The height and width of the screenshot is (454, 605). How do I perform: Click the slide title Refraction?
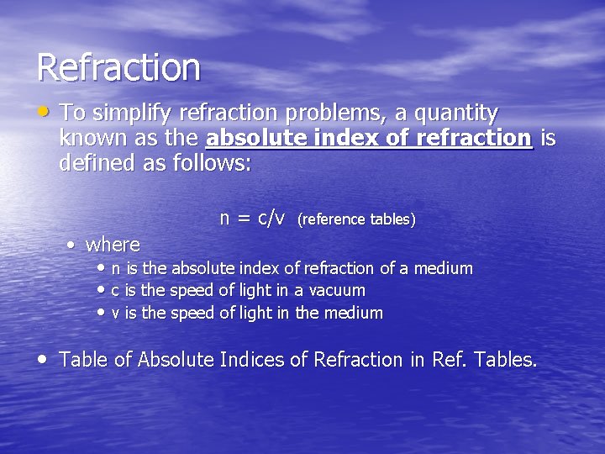[118, 67]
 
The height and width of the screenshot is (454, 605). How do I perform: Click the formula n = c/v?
[253, 219]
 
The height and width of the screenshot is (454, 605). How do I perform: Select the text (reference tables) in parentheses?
[357, 219]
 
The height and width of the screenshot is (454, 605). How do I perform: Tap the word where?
[113, 245]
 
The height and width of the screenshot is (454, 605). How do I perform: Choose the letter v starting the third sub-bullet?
[115, 314]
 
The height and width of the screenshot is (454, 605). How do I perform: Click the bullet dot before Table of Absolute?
[44, 359]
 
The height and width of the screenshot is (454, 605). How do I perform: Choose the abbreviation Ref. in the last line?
[450, 360]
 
